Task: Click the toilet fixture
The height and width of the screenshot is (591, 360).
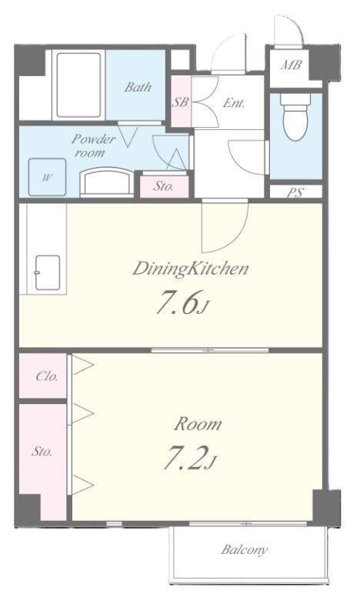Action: tap(295, 116)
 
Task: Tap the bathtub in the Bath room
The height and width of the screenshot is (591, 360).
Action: tap(78, 85)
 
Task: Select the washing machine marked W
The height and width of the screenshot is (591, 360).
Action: tap(47, 177)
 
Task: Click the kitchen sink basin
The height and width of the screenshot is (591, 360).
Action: tap(48, 272)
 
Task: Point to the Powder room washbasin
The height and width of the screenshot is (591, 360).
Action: tap(107, 182)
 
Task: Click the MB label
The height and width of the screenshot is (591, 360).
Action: tap(291, 65)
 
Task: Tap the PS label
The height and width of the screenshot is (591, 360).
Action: tap(295, 192)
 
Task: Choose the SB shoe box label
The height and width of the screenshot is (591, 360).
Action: tap(180, 102)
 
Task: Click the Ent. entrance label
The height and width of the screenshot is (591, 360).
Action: tap(234, 102)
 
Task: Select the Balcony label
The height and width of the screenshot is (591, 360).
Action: tap(245, 549)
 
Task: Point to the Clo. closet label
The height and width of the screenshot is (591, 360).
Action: tap(47, 376)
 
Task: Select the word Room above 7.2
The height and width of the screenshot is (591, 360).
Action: tap(198, 424)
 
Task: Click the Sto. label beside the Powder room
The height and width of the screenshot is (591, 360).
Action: tap(164, 186)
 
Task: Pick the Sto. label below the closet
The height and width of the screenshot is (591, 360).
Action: tap(42, 451)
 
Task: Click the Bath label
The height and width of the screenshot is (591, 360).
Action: tap(138, 87)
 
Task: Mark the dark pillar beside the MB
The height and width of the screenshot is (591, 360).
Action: tap(325, 62)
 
